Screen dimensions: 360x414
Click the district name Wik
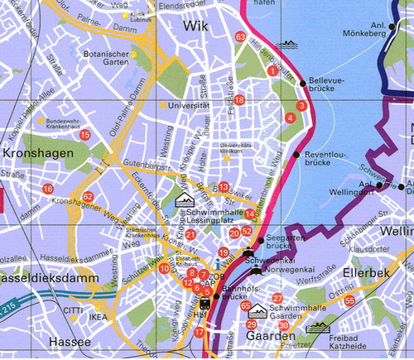tap(196, 26)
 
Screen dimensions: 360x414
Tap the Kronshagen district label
tap(33, 156)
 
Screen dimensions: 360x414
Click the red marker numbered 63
tap(240, 37)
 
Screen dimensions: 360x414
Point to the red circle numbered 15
tap(84, 135)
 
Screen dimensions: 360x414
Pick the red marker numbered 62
tap(88, 195)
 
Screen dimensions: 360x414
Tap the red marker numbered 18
tap(239, 100)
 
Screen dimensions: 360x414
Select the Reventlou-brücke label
tap(324, 159)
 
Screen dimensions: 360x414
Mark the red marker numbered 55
tap(349, 300)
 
